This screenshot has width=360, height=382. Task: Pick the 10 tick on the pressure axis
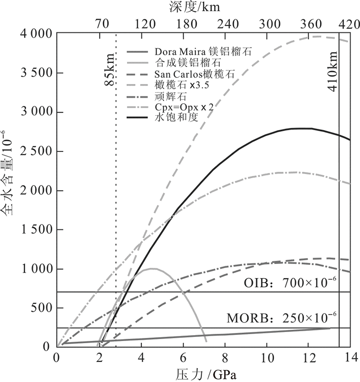tap(266, 358)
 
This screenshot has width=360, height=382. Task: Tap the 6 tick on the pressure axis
tap(183, 358)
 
